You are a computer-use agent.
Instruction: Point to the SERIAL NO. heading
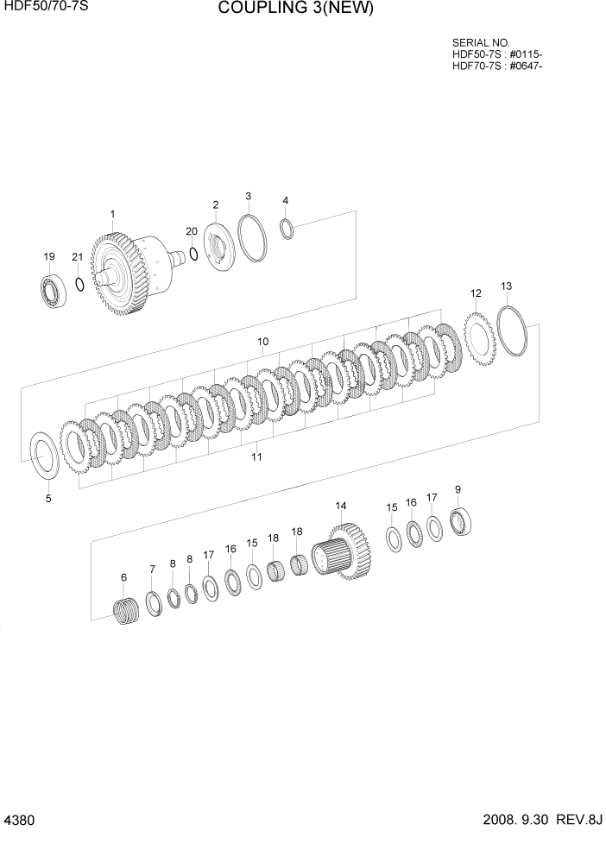(x=481, y=42)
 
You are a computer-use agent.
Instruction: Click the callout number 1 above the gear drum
(x=112, y=213)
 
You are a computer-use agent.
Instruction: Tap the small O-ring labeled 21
(x=79, y=284)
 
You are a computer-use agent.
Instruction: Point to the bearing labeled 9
(x=460, y=520)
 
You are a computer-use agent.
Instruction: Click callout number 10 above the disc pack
(x=262, y=342)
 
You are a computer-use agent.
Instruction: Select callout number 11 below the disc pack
(x=256, y=456)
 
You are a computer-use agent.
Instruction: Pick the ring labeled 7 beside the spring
(x=154, y=604)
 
